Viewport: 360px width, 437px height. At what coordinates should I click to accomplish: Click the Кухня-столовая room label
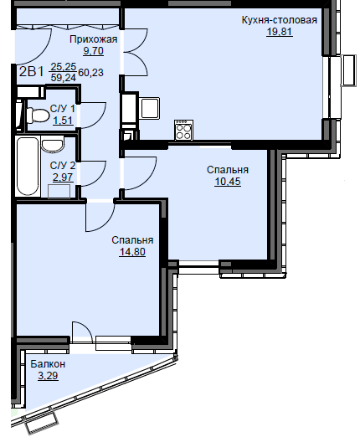click(279, 20)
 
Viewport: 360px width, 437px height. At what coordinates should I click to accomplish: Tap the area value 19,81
click(280, 32)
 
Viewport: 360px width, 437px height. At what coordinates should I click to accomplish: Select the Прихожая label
click(93, 39)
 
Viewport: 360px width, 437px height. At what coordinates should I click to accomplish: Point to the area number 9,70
click(93, 51)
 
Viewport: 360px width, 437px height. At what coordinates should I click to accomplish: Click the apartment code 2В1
click(32, 72)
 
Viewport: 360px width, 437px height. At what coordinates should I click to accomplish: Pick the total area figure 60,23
click(91, 73)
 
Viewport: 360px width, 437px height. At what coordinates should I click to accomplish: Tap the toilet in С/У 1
click(37, 116)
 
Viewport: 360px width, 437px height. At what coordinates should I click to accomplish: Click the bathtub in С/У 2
click(28, 167)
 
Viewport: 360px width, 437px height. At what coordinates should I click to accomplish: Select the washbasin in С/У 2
click(52, 144)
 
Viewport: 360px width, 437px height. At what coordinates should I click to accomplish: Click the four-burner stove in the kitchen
click(183, 130)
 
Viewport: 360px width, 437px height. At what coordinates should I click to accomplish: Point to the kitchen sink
click(150, 108)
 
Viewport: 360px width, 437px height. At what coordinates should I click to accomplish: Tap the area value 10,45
click(228, 182)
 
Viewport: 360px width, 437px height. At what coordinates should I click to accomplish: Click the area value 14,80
click(132, 252)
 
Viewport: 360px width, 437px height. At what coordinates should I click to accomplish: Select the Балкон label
click(48, 364)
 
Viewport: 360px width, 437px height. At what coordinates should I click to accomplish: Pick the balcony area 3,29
click(48, 376)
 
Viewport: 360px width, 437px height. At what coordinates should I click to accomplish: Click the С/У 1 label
click(63, 108)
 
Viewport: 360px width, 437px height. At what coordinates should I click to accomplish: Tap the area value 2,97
click(63, 177)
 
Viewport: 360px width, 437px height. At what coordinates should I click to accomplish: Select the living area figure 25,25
click(64, 67)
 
